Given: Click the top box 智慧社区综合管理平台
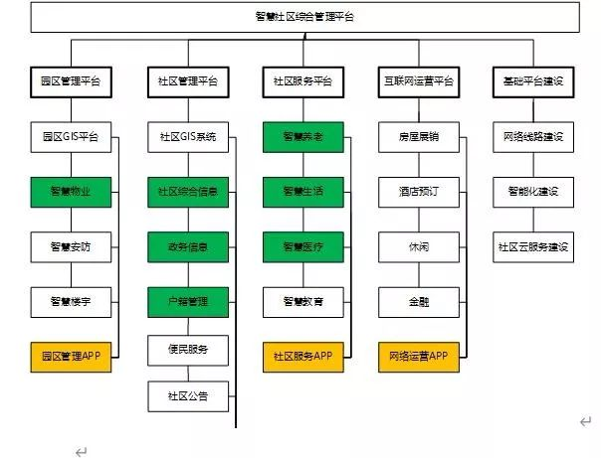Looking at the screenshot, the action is tap(304, 17).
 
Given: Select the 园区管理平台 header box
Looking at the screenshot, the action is tap(71, 81).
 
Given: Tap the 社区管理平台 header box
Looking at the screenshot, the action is tap(188, 81).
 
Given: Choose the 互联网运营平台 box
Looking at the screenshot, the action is tap(419, 81).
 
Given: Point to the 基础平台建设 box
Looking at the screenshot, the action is tap(533, 81).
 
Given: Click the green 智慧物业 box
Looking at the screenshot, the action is tap(71, 192).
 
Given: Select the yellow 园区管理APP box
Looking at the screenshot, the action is tap(71, 357).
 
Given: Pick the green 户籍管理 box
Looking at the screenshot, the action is tap(188, 302).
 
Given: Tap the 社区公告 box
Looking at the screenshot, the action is tap(188, 396).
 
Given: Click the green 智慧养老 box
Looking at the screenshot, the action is tap(303, 137).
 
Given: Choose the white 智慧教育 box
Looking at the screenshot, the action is tap(303, 302).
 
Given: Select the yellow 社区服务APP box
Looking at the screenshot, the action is tap(303, 357).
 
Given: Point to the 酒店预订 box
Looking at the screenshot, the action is tap(419, 192).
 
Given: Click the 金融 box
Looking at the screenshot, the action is tap(419, 302).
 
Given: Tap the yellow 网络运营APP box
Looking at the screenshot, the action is tap(419, 357).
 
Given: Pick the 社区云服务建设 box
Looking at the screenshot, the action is tap(533, 247).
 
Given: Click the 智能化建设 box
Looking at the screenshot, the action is tap(533, 192).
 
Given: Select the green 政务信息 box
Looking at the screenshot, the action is tap(188, 247).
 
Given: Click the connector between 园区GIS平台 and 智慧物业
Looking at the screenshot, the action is tap(71, 165).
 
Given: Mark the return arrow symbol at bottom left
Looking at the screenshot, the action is tap(82, 452).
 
